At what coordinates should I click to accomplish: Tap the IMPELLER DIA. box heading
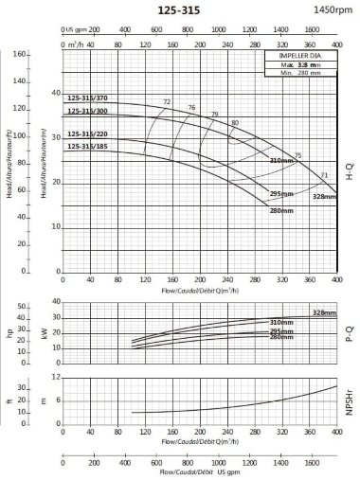coord(300,57)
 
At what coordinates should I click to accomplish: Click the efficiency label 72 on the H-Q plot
coord(167,101)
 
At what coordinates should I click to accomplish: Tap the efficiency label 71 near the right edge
coord(324,175)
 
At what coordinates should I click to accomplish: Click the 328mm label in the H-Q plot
coord(324,195)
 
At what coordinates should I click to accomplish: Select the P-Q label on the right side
coord(350,332)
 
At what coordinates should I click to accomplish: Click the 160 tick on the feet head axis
coord(19,54)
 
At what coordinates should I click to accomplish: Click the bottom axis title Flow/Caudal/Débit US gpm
coord(200,472)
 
